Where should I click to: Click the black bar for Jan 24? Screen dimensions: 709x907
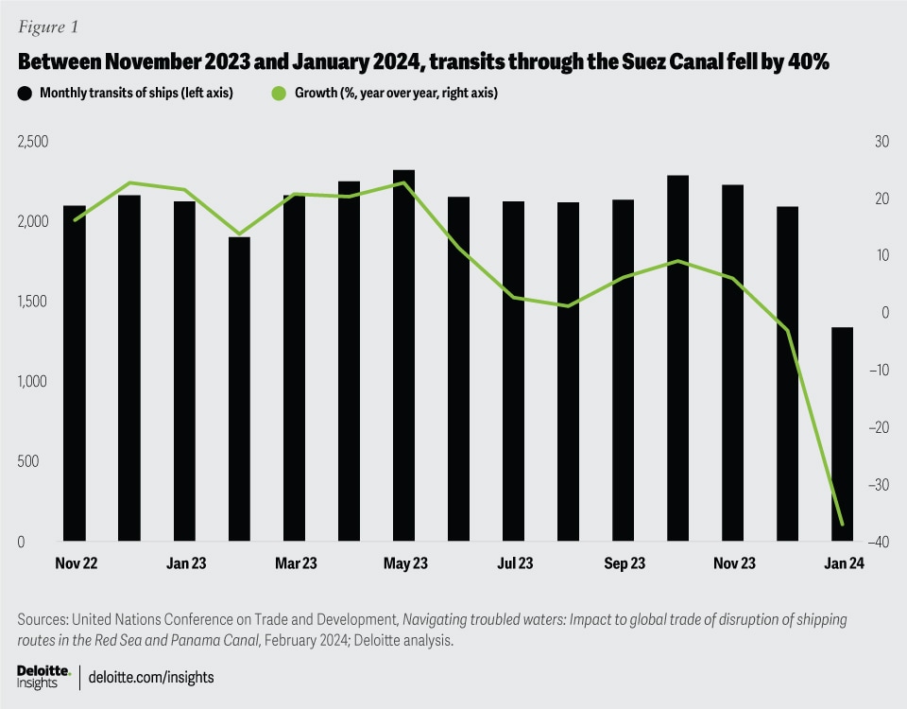pyautogui.click(x=842, y=435)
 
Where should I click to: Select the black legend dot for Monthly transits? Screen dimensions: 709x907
pyautogui.click(x=25, y=94)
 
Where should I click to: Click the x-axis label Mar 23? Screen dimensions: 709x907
pyautogui.click(x=296, y=564)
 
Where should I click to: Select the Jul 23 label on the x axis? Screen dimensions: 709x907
pyautogui.click(x=514, y=564)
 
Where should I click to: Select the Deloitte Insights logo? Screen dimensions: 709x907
pyautogui.click(x=43, y=675)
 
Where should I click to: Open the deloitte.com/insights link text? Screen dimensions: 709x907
pyautogui.click(x=150, y=676)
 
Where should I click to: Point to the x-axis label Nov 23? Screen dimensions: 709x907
pyautogui.click(x=734, y=564)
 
